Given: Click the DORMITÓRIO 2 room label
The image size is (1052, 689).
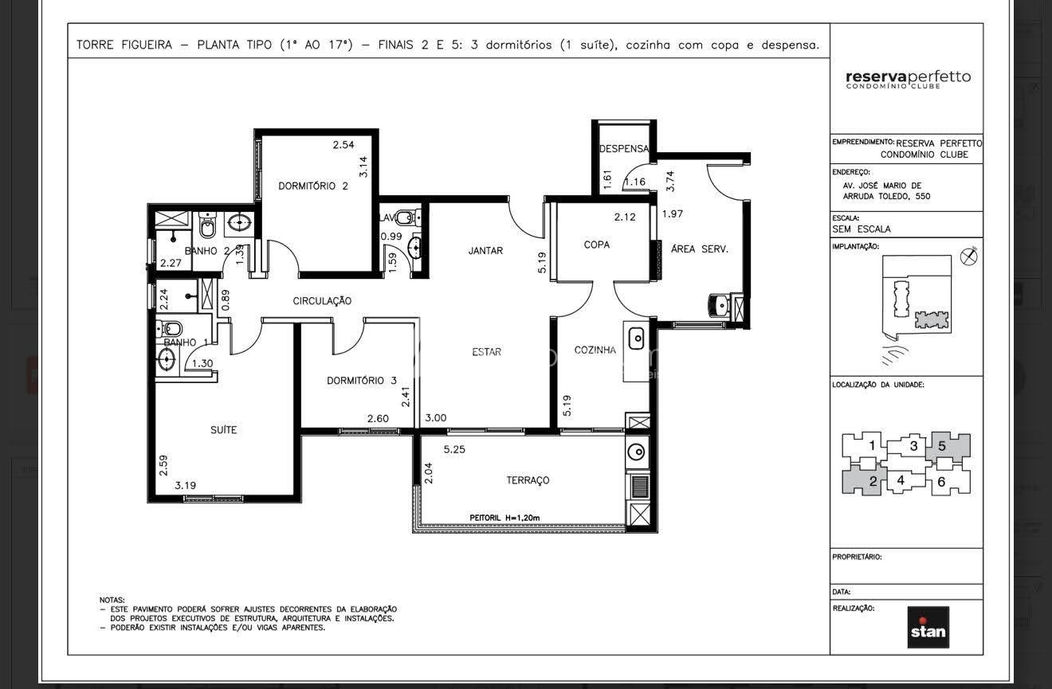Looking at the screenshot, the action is click(x=313, y=186).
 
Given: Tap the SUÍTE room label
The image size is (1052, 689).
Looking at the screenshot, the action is click(x=223, y=429).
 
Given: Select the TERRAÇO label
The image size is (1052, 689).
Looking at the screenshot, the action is click(x=528, y=480).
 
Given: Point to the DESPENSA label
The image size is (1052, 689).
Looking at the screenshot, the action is click(x=624, y=149).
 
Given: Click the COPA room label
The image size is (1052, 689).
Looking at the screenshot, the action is click(x=596, y=245).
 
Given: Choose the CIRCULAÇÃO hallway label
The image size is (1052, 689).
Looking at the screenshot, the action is click(x=322, y=301).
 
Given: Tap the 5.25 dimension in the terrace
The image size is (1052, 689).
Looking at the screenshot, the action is click(x=454, y=449).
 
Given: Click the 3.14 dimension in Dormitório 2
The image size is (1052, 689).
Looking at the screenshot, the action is click(x=363, y=166).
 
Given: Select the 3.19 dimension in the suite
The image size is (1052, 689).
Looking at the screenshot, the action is click(x=185, y=485).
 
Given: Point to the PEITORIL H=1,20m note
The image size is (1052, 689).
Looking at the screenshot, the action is click(x=504, y=518).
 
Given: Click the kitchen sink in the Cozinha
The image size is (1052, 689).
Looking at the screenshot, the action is click(x=636, y=339).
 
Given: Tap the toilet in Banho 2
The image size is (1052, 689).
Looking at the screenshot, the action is click(x=207, y=225).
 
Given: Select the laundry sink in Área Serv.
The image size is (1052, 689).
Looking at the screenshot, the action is click(x=719, y=305).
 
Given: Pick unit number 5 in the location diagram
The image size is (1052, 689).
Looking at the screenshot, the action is click(x=942, y=446).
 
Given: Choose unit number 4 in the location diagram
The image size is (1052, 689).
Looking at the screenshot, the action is click(x=901, y=480).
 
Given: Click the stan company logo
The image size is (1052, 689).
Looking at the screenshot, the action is click(x=928, y=627).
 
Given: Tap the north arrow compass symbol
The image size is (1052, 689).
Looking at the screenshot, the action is click(x=968, y=256).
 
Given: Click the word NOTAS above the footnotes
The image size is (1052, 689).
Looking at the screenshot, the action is click(x=112, y=600).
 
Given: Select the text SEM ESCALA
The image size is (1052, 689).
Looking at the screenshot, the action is click(x=862, y=229).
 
